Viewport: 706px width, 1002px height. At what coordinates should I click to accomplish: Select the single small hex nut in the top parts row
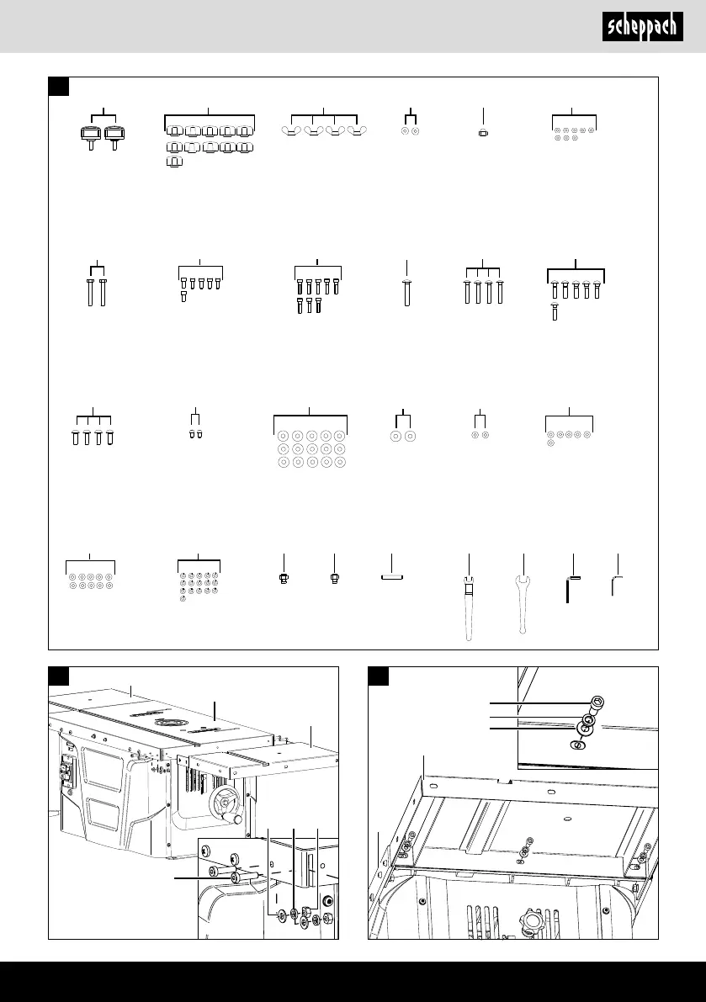click(484, 132)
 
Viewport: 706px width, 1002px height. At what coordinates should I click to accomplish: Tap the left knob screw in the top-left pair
click(91, 137)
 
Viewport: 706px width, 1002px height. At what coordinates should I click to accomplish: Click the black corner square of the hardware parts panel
click(58, 87)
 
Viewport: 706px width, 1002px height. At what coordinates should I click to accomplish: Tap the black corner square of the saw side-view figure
click(58, 676)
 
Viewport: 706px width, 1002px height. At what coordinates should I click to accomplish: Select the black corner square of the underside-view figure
click(379, 676)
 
